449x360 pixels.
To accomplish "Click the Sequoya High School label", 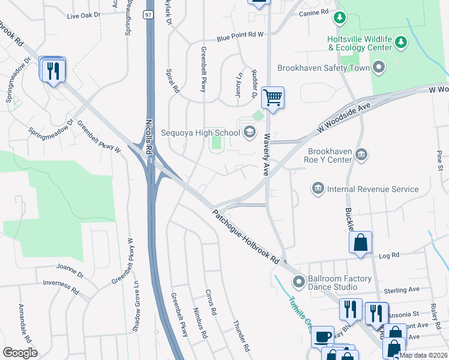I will point(200,132).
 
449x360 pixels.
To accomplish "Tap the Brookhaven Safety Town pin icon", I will point(378,68).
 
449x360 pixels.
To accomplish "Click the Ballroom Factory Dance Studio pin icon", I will point(298,281).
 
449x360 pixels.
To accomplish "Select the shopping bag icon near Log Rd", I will point(360,242).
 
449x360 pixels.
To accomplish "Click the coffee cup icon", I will point(322,336).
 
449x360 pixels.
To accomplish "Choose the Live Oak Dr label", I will point(83,15).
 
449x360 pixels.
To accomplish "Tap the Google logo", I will point(20,353).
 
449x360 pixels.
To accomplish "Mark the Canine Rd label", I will point(316,11).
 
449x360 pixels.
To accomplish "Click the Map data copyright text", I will point(423,355).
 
